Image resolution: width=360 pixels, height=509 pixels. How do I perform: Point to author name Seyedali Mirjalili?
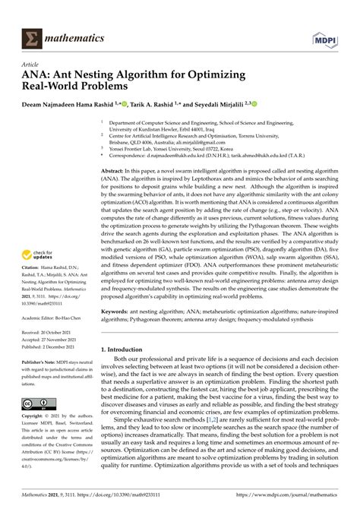[229, 106]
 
